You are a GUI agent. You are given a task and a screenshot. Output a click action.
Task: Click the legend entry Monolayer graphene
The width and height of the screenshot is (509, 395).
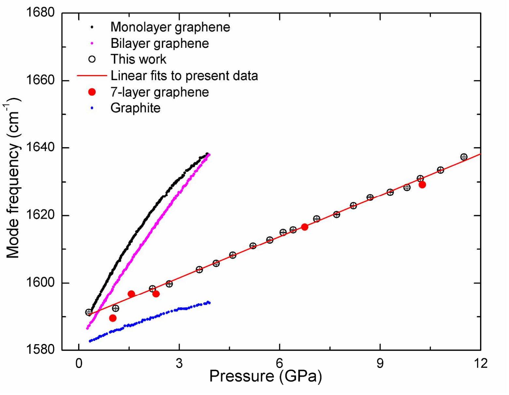(170, 27)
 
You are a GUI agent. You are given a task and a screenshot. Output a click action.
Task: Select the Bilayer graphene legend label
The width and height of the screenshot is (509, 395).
(159, 43)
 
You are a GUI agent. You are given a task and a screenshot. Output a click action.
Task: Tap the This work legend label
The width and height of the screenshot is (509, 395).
(138, 59)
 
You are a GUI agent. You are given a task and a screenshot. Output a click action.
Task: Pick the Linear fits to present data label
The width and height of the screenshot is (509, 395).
(184, 75)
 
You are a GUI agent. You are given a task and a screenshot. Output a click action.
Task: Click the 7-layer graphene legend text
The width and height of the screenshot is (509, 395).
(159, 92)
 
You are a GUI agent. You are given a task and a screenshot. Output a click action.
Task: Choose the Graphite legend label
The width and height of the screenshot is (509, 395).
(135, 108)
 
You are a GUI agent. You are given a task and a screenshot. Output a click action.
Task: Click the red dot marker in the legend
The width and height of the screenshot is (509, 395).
(92, 92)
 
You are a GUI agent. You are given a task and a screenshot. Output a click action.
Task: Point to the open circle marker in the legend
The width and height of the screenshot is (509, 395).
(92, 59)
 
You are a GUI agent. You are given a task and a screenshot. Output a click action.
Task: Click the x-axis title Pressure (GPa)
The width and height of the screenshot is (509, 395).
(265, 376)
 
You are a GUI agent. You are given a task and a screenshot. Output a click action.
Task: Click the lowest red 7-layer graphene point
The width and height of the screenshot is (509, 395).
(113, 318)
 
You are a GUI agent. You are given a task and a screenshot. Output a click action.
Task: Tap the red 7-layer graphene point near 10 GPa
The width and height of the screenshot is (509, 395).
(422, 184)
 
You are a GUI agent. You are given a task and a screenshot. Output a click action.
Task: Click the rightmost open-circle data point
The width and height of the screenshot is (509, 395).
(464, 157)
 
